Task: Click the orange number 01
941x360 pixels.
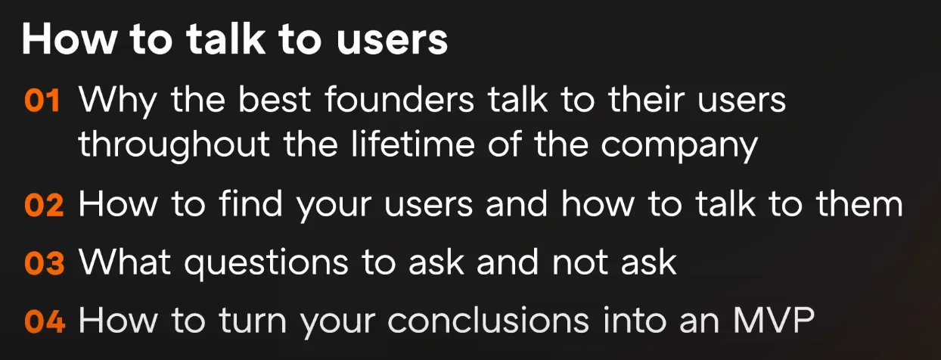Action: [x=42, y=101]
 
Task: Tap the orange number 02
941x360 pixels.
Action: [x=44, y=205]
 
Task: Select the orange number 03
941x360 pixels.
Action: [x=45, y=263]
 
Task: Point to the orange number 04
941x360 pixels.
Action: [x=45, y=321]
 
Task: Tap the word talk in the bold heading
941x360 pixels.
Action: [x=225, y=38]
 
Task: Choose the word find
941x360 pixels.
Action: [x=250, y=203]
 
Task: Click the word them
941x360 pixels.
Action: [x=859, y=203]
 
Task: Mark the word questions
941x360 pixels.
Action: [x=266, y=264]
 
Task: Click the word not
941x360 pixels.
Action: [x=580, y=262]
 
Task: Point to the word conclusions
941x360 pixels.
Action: [x=488, y=320]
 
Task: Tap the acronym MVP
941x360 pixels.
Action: [x=774, y=320]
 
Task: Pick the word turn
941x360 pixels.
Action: [x=253, y=321]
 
